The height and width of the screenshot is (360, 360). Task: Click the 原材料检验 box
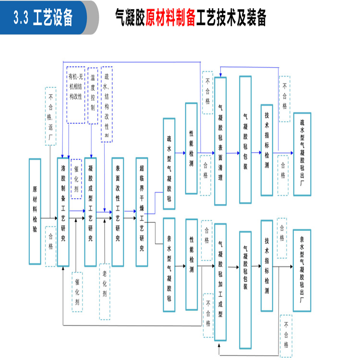coord(35,211)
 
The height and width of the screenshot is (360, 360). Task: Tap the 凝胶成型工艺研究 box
coord(91,211)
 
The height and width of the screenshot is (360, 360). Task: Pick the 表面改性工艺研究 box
coord(118,211)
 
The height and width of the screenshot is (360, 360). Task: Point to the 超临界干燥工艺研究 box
coord(142,211)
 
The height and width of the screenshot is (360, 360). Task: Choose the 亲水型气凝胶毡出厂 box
coord(302,271)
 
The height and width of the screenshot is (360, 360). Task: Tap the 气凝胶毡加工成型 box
coord(220,282)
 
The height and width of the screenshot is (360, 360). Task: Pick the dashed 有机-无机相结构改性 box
coord(76,95)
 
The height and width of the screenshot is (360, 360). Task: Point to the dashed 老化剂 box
coord(105,292)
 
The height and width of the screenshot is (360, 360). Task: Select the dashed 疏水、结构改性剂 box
coord(107,105)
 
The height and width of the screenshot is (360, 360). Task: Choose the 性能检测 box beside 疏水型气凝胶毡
coord(192,141)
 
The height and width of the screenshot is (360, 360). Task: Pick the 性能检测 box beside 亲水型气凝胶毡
coord(192,264)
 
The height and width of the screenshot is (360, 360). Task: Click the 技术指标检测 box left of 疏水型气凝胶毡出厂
coord(267,150)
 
